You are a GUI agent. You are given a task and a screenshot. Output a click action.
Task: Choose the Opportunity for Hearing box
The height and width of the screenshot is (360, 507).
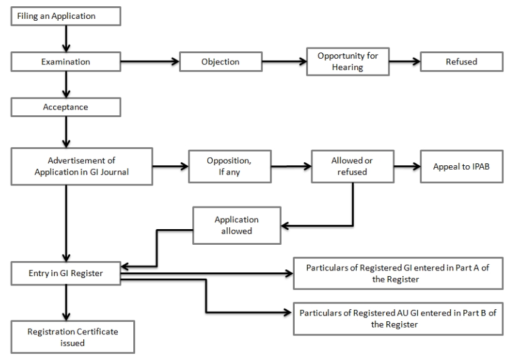pos(343,62)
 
